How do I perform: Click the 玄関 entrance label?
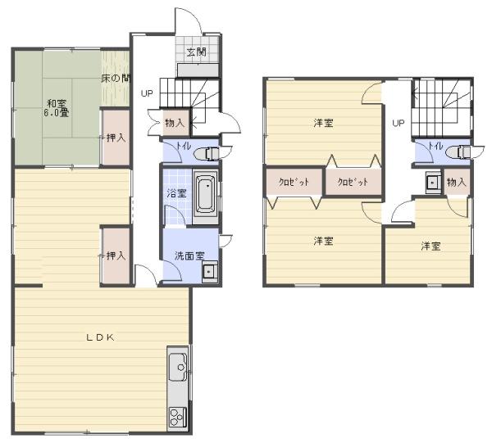pyautogui.click(x=197, y=52)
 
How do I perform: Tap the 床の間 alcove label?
pyautogui.click(x=116, y=79)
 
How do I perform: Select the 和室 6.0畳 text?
pyautogui.click(x=57, y=108)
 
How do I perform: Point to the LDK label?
pyautogui.click(x=100, y=337)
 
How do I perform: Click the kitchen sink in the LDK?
pyautogui.click(x=178, y=367)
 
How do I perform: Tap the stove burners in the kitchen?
pyautogui.click(x=178, y=417)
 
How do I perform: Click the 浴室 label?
pyautogui.click(x=176, y=193)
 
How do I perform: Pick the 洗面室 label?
pyautogui.click(x=189, y=256)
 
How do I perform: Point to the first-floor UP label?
pyautogui.click(x=147, y=93)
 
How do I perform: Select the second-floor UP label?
pyautogui.click(x=399, y=123)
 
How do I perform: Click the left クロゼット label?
pyautogui.click(x=294, y=182)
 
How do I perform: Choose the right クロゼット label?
pyautogui.click(x=353, y=182)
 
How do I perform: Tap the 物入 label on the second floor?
pyautogui.click(x=457, y=182)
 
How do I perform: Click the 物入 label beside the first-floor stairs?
pyautogui.click(x=175, y=123)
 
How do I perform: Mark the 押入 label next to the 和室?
pyautogui.click(x=116, y=138)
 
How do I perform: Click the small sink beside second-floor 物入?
pyautogui.click(x=433, y=182)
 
